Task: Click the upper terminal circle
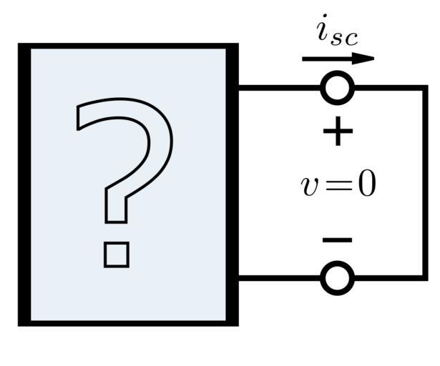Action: click(337, 89)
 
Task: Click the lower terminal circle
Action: click(337, 277)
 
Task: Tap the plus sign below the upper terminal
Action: click(338, 132)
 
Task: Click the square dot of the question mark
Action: click(116, 254)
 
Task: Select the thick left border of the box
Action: click(24, 184)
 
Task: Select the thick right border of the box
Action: click(232, 184)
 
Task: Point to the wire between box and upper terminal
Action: click(279, 89)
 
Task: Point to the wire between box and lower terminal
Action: click(279, 277)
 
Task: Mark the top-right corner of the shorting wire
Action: click(425, 89)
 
